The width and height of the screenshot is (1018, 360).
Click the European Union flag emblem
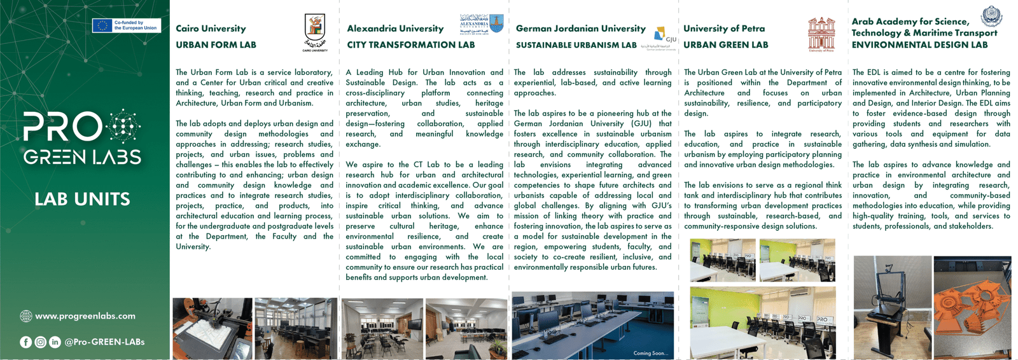pos(102,25)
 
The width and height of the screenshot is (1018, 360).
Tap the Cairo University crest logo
pos(315,32)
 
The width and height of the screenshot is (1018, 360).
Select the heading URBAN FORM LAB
pos(216,45)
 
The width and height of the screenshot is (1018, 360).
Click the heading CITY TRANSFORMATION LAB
pos(410,45)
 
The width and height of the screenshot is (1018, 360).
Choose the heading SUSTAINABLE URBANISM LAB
pos(576,45)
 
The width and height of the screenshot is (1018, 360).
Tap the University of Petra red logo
pos(821,34)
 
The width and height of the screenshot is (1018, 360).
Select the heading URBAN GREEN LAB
pos(725,45)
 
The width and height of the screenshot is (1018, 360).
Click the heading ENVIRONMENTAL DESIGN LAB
pos(919,45)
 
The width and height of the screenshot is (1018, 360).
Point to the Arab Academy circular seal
pos(991,17)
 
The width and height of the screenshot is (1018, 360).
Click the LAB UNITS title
pos(83,199)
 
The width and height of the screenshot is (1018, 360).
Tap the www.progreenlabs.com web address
pos(85,316)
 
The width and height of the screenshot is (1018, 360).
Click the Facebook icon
pos(26,342)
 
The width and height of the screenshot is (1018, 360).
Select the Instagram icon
pos(41,342)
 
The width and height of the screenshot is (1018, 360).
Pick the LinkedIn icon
pos(55,342)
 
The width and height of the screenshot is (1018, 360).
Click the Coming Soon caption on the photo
pos(650,353)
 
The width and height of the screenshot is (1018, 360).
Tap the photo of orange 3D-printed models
pos(972,307)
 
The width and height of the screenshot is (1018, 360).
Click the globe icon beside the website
pos(26,316)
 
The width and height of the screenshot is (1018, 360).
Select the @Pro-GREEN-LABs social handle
pos(104,342)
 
